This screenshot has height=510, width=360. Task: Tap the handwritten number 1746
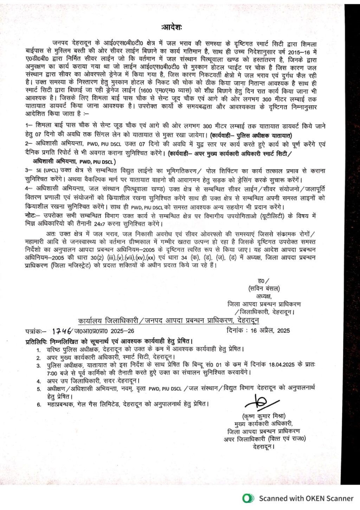pos(62,331)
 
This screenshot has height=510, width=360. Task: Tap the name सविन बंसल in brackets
pos(263,289)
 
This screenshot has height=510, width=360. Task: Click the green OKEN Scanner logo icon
pos(249,498)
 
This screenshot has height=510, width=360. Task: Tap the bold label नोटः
pos(32,215)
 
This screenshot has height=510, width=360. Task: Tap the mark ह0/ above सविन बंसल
pos(263,280)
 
